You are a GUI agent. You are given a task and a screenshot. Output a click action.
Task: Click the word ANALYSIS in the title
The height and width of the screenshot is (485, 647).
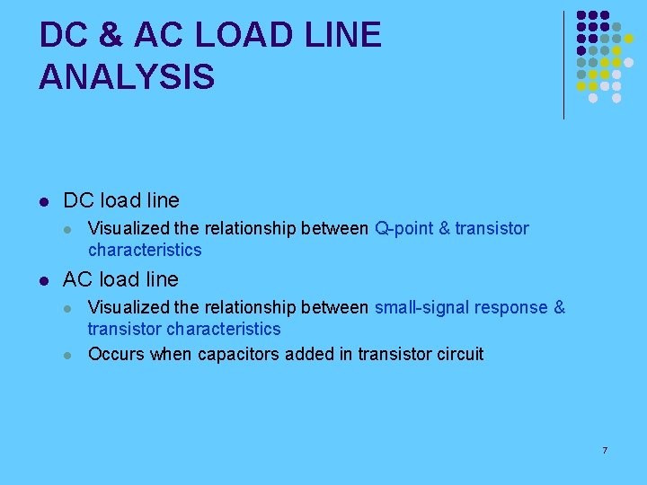[x=127, y=76]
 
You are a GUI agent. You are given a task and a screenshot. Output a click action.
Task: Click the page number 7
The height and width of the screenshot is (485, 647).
[x=605, y=449]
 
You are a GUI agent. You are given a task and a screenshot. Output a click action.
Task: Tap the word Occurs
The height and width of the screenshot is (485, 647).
[x=116, y=354]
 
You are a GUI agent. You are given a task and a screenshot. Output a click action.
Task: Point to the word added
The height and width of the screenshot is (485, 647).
[x=309, y=354]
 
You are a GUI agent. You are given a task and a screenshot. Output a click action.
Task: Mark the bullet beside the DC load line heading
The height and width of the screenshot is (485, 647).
[x=43, y=200]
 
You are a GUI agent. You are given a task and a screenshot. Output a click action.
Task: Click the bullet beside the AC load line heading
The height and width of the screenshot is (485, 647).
[x=43, y=279]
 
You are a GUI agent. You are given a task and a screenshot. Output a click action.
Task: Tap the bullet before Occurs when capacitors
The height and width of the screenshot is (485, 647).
[x=68, y=354]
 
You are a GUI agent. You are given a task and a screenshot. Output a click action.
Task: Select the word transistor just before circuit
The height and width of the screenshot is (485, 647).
[x=390, y=354]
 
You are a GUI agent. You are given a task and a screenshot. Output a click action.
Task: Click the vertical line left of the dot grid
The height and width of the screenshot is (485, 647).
[x=563, y=65]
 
